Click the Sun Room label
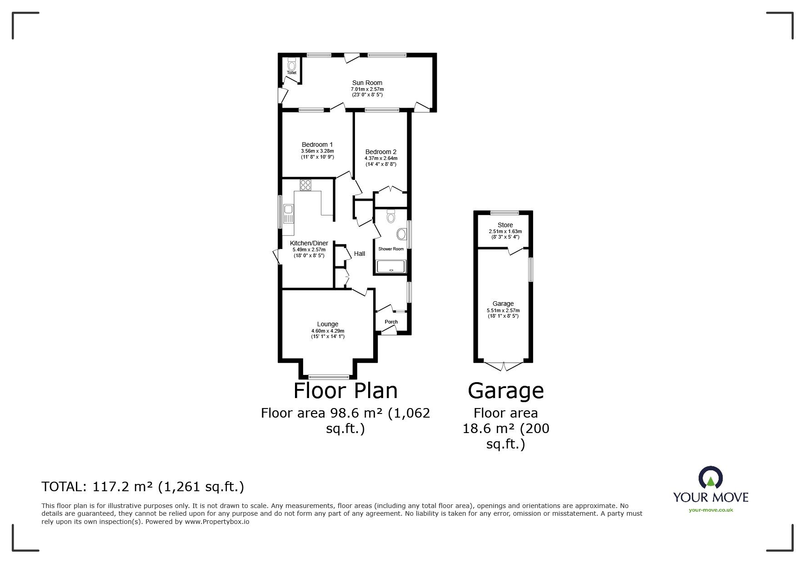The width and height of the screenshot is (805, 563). click(367, 83)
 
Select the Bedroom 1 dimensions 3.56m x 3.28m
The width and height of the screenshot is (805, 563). click(317, 151)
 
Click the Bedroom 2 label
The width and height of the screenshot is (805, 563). click(380, 152)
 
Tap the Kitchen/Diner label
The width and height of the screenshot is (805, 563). click(309, 243)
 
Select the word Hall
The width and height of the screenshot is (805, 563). click(360, 254)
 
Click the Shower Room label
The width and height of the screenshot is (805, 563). click(391, 249)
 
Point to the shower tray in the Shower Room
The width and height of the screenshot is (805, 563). click(391, 266)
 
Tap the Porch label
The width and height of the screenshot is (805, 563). click(391, 322)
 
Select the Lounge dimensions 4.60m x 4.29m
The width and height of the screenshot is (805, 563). click(327, 330)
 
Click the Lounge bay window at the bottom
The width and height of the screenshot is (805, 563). click(328, 377)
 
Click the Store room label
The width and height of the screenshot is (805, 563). click(505, 225)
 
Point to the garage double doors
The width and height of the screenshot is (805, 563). click(504, 365)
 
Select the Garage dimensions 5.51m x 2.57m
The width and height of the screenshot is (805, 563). click(503, 310)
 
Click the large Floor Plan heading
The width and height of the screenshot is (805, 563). click(345, 390)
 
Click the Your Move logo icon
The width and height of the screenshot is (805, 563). click(710, 478)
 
